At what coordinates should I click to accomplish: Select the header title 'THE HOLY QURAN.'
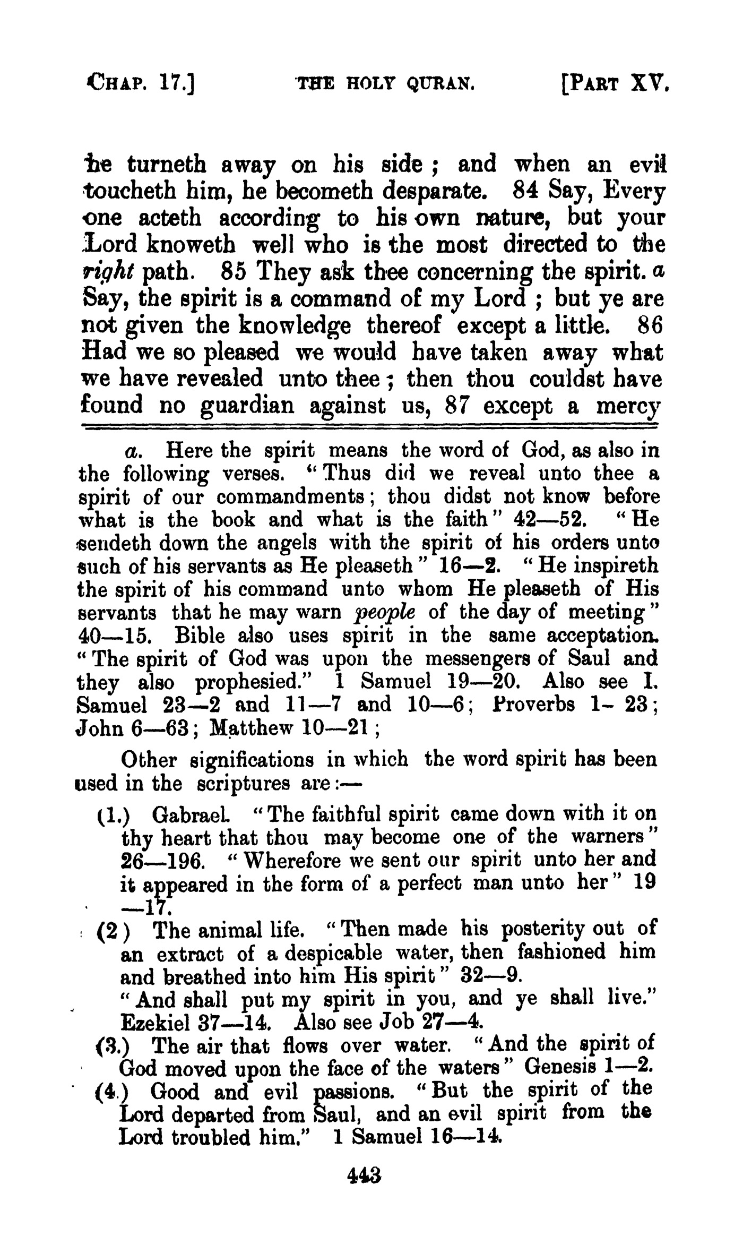click(384, 84)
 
